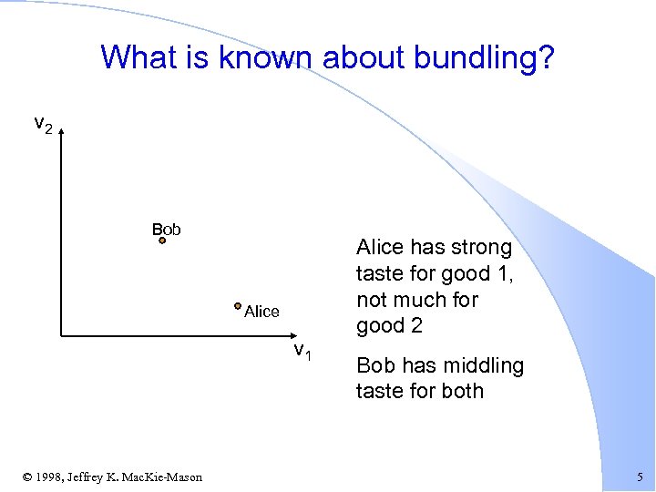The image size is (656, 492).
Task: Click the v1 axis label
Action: pos(302,353)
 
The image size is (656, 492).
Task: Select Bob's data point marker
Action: pos(162,241)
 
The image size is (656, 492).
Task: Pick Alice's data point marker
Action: pos(237,307)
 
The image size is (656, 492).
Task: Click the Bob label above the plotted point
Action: pos(166,229)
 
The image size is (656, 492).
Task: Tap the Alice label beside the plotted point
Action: pos(261,312)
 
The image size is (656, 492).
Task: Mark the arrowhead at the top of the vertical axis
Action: pos(61,133)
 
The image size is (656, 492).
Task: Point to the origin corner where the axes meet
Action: pos(61,336)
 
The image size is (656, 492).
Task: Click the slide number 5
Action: pos(639,477)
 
